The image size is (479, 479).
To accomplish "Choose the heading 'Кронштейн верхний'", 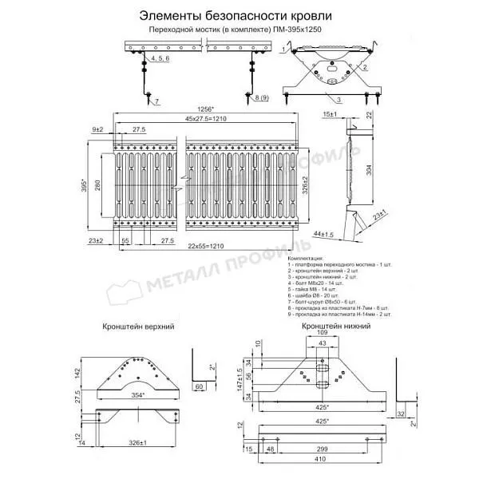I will (x=139, y=327).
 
